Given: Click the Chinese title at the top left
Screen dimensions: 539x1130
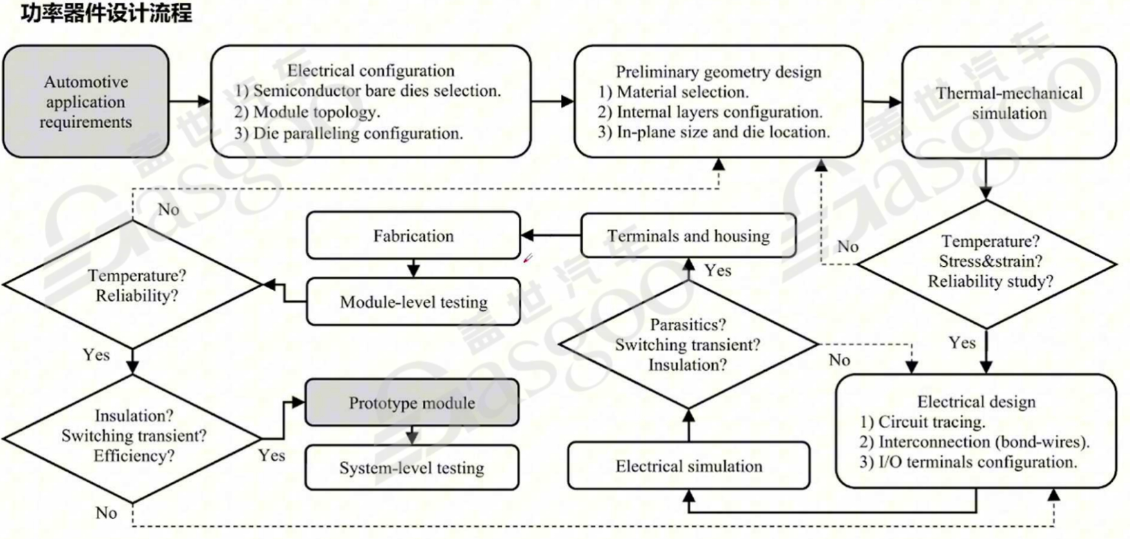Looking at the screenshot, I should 106,13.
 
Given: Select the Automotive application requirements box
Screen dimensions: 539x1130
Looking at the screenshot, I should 85,102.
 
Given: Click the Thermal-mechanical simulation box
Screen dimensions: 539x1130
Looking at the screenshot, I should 1009,103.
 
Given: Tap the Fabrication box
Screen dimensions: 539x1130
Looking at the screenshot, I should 413,236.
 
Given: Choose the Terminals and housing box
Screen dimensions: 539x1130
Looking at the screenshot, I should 688,236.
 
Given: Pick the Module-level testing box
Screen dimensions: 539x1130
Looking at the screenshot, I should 413,302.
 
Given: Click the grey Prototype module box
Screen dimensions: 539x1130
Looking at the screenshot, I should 411,403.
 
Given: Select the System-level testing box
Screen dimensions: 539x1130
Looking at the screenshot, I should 411,468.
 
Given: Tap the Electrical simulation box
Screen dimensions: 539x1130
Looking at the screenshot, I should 688,467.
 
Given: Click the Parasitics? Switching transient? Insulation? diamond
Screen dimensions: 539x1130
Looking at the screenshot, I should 687,345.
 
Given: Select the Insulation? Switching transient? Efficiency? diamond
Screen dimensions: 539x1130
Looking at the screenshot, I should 133,436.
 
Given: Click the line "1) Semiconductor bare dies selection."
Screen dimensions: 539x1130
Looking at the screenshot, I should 367,91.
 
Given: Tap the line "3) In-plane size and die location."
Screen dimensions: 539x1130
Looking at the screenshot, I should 714,132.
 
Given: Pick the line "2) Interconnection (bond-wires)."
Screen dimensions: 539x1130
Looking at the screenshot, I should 974,443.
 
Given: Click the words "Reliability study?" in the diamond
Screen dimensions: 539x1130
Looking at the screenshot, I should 990,282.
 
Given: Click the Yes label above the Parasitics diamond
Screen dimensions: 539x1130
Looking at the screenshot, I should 717,271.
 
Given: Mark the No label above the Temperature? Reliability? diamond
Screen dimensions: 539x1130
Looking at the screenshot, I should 168,210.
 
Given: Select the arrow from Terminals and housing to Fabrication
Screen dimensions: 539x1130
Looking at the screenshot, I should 551,236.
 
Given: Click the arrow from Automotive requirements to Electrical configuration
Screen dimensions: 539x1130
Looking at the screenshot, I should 189,101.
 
